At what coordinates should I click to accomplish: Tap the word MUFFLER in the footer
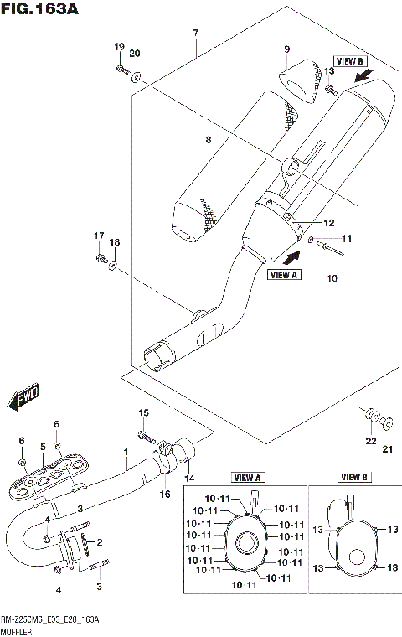click(x=18, y=629)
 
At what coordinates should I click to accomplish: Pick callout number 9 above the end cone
click(x=286, y=50)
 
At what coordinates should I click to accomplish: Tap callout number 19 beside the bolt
click(x=119, y=46)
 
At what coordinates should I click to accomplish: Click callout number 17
click(x=98, y=236)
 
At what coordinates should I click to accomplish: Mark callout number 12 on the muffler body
click(x=329, y=223)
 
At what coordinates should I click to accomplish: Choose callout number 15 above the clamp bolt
click(x=143, y=412)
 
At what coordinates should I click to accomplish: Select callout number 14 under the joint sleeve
click(x=189, y=477)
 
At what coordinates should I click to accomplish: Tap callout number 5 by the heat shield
click(x=42, y=448)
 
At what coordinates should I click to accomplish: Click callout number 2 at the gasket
click(x=99, y=542)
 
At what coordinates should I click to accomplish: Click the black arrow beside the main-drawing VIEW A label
click(x=290, y=247)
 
